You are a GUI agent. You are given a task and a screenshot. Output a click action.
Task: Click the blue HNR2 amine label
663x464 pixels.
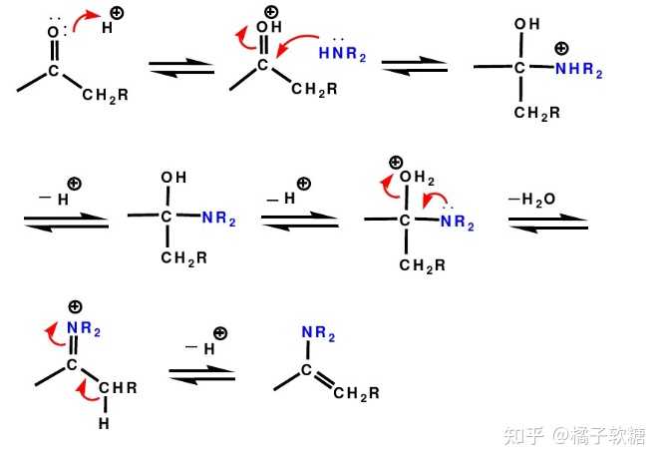click(x=343, y=54)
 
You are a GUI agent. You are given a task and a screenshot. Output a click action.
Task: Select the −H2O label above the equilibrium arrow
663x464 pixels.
click(x=532, y=199)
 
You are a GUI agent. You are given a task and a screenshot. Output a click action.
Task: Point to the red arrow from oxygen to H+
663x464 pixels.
click(x=85, y=19)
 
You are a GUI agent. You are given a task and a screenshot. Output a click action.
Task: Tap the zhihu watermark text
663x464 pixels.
click(x=574, y=435)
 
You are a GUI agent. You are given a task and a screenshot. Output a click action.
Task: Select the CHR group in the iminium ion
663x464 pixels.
click(x=118, y=387)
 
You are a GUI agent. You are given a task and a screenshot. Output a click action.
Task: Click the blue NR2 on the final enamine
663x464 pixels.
click(x=318, y=333)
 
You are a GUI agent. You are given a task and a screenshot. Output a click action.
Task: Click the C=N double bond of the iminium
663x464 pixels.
click(x=74, y=347)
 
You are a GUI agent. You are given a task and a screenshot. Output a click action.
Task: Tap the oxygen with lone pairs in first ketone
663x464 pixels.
click(x=53, y=31)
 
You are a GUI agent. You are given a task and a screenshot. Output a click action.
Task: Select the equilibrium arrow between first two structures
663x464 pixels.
click(x=181, y=67)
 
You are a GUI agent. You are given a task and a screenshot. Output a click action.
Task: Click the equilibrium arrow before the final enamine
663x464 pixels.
click(x=201, y=374)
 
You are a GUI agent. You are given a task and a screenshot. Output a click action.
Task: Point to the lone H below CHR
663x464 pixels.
click(x=104, y=423)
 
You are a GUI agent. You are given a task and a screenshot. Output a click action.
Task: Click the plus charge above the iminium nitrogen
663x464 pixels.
click(x=75, y=306)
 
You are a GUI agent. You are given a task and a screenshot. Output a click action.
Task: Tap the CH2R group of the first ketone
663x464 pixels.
click(x=105, y=95)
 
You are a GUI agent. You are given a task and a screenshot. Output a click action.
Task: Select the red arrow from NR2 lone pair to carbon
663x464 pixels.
click(x=435, y=199)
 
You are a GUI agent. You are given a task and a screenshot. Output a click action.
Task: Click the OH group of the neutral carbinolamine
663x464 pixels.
click(x=173, y=178)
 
